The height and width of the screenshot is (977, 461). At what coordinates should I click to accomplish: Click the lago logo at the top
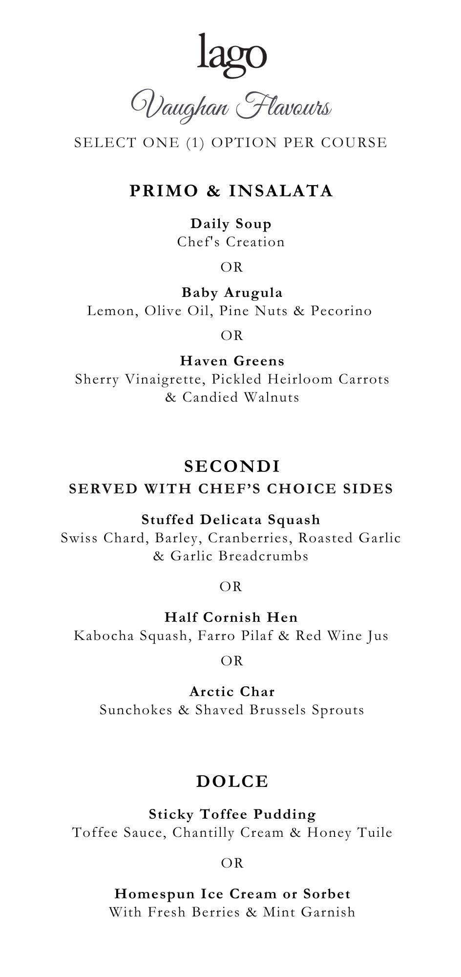coord(232,55)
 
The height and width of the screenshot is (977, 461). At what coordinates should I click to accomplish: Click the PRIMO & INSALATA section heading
coord(231,191)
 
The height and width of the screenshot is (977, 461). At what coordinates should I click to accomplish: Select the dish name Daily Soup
coord(231,224)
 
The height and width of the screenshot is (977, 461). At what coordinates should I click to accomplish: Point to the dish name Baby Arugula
coord(232,293)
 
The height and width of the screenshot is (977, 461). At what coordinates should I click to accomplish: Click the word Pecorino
coord(341,311)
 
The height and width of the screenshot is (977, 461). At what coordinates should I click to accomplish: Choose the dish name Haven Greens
coord(232,361)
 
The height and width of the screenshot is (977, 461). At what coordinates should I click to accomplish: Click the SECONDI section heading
coord(232,467)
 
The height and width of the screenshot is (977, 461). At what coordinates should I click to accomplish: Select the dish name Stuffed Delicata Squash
coord(231,520)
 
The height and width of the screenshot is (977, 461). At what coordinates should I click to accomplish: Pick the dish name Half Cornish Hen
coord(231,617)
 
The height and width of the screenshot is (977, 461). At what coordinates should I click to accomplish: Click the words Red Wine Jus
coord(342,636)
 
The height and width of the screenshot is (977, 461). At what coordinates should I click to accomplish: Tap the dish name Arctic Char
coord(232,692)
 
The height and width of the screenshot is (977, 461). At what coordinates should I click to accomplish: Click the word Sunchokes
coord(136,710)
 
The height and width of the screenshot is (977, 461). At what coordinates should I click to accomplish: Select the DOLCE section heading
coord(232,782)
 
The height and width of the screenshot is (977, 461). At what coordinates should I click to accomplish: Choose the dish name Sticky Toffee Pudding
coord(232,814)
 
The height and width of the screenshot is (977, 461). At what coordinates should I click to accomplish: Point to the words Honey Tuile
coord(350,832)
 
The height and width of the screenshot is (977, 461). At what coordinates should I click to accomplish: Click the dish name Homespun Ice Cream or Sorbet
coord(232,894)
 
